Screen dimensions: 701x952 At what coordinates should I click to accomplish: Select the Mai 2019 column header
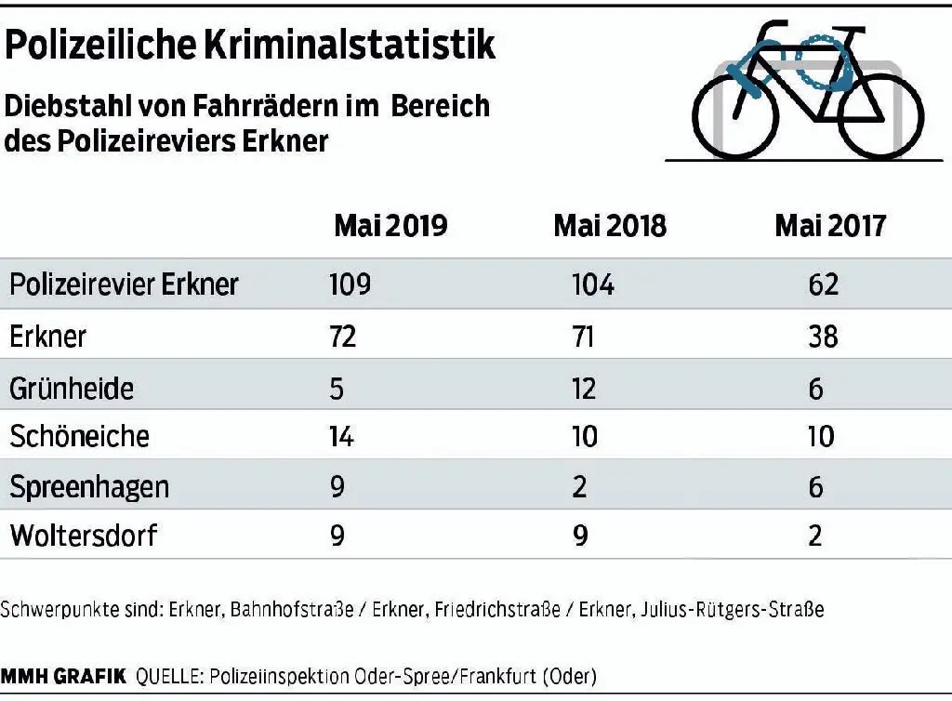coord(390,226)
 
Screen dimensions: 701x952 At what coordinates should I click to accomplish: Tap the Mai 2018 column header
coord(610,226)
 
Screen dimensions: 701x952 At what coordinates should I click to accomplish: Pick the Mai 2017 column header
coord(830,226)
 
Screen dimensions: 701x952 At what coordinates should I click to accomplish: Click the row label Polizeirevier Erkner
coord(124,284)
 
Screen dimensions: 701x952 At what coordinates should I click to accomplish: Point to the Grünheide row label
coord(72,387)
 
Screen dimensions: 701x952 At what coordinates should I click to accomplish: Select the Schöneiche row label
coord(79,436)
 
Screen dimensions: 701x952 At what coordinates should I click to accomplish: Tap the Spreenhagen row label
coord(89,486)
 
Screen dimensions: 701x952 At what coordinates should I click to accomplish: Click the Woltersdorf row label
coord(85,536)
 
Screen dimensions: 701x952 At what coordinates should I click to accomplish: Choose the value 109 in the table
coord(350,284)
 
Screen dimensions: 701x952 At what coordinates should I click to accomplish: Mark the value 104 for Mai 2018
coord(593,284)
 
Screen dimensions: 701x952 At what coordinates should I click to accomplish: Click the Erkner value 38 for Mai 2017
coord(823,335)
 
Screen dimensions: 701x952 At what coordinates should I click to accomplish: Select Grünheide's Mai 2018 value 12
coord(584,387)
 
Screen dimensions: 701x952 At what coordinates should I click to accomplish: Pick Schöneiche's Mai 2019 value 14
coord(341,436)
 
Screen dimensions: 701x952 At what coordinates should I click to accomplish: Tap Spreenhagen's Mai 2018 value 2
coord(579,486)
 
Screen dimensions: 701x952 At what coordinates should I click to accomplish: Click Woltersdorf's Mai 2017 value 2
coord(815,536)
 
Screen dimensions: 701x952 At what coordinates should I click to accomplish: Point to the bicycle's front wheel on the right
coord(879,118)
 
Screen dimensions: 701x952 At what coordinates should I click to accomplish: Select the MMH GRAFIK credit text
coord(62,676)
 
